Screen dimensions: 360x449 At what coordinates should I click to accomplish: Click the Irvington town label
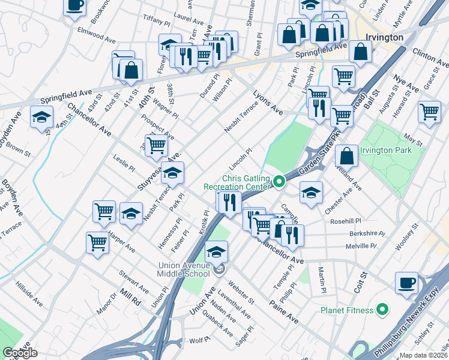pos(384,37)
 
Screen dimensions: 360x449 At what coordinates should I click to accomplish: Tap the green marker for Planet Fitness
pos(380,310)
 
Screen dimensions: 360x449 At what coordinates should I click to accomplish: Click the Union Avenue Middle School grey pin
pos(219,270)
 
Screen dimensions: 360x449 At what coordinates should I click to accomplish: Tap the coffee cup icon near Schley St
pos(406,283)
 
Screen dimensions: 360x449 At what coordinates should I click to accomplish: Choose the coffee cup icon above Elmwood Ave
pos(74,6)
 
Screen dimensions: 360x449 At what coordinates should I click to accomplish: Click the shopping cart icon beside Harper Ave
pos(97,242)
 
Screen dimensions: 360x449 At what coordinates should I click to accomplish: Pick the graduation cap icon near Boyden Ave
pos(41,116)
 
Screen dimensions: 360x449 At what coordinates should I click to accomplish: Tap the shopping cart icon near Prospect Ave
pos(156,144)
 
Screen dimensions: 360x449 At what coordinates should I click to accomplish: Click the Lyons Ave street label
pos(267,102)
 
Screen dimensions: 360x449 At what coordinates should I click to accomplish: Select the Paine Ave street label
pos(283,311)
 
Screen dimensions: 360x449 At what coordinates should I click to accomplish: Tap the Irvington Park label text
pos(386,150)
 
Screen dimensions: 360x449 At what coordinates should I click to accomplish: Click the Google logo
pos(20,353)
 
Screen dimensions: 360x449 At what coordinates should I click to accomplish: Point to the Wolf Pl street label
pos(198,340)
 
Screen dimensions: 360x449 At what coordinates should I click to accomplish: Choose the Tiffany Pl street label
pos(157,20)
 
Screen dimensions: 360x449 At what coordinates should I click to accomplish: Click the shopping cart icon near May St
pos(430,112)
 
